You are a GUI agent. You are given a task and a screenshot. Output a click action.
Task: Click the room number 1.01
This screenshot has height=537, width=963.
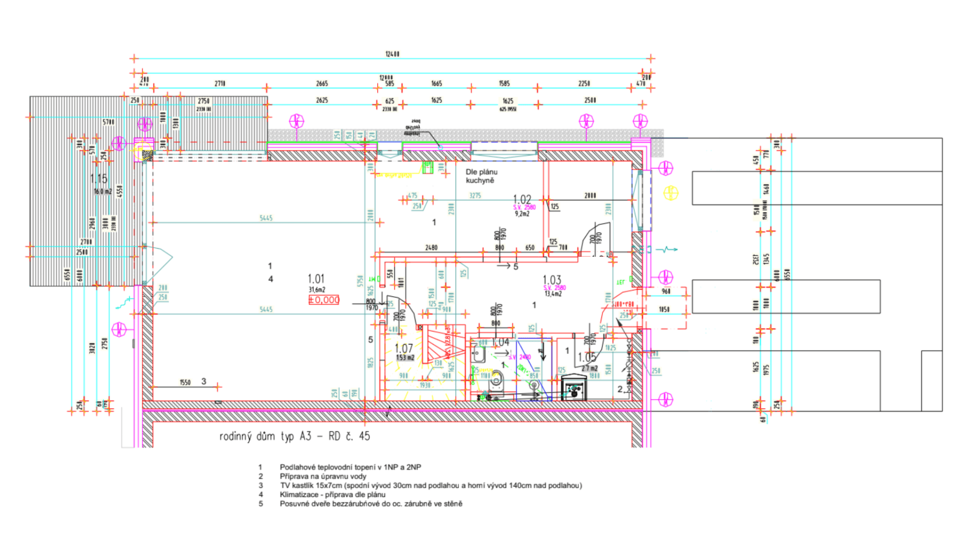coord(316,279)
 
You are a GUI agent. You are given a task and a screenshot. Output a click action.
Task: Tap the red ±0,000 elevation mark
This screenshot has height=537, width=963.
coord(324,300)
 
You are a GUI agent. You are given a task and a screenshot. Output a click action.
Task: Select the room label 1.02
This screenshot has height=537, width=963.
coord(522,200)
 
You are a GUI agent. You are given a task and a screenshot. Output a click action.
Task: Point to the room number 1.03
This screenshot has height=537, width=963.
coord(552,280)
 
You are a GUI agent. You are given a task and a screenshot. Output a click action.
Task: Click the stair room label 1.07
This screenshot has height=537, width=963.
coord(403,349)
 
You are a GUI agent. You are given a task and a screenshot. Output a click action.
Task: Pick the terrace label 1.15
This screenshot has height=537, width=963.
coord(98,179)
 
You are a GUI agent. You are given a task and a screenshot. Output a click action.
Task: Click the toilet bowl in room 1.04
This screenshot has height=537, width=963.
coord(496,381)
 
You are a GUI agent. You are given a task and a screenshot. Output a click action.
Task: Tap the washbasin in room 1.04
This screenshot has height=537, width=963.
coord(478,353)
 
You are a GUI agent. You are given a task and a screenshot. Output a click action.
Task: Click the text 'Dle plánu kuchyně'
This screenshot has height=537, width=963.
coord(481,176)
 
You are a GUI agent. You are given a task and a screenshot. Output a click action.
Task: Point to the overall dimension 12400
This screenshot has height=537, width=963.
coord(392,54)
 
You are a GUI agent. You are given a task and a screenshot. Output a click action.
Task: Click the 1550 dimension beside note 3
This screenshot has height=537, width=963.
coord(185,382)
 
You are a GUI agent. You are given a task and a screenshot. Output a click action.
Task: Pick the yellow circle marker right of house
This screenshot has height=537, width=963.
coord(671,193)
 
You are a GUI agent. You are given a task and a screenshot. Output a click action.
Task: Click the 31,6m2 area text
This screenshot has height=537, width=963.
coord(317,289)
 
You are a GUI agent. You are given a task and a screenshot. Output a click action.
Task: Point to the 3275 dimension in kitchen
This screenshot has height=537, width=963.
coord(475,196)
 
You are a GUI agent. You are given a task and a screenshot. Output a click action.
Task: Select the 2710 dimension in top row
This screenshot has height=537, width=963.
coord(219,83)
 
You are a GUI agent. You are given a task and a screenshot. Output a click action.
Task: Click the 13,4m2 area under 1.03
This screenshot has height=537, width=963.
coord(553,294)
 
